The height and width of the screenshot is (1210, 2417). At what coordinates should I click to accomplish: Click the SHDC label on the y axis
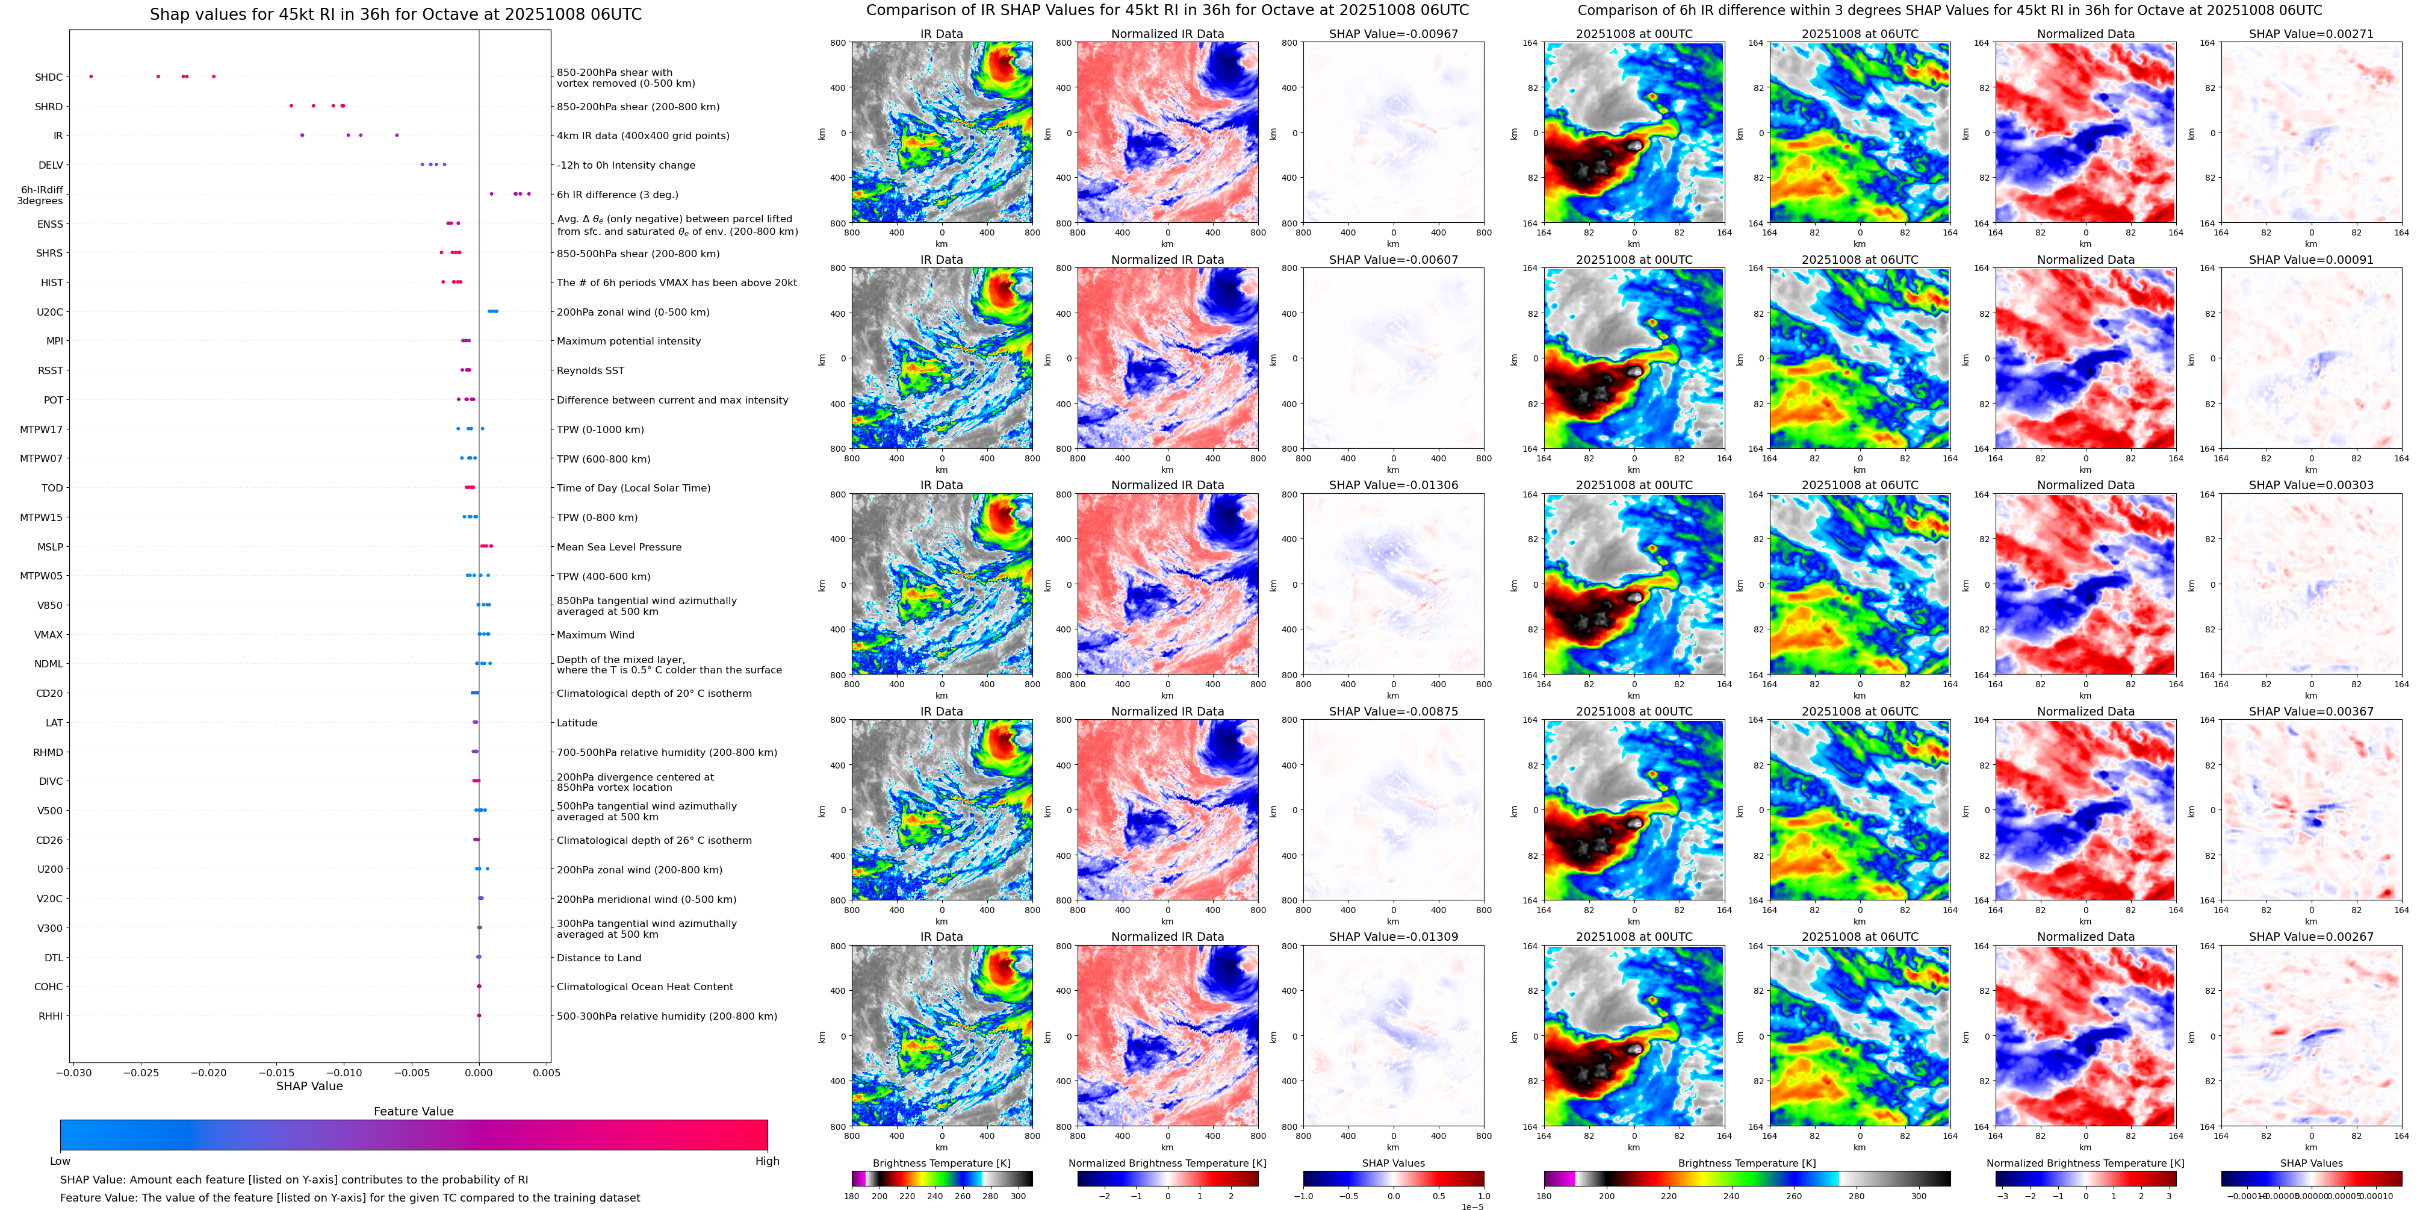coord(49,77)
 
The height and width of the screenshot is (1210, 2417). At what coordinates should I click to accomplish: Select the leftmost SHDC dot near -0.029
coord(91,76)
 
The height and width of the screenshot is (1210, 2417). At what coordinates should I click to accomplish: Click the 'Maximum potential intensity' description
coord(628,341)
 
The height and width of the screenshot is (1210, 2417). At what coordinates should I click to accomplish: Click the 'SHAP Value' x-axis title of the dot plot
coord(309,1086)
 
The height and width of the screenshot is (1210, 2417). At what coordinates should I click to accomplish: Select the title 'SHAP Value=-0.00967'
coord(1394,34)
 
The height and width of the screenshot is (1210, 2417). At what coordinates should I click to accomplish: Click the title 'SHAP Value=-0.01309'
coord(1394,937)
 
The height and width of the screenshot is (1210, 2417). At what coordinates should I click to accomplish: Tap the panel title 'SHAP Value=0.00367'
coord(2311,711)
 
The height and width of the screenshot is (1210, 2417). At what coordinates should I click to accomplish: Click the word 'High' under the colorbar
coord(768,1161)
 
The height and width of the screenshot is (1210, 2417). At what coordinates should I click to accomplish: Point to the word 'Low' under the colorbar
coord(60,1161)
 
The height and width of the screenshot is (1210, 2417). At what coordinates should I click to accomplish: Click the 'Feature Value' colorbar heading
coord(414,1111)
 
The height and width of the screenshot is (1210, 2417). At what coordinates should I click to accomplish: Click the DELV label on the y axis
coord(51,165)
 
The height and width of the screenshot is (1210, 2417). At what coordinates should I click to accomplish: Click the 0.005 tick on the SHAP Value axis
coord(546,1072)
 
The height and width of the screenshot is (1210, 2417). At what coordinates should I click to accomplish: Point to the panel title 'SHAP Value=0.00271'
coord(2311,34)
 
